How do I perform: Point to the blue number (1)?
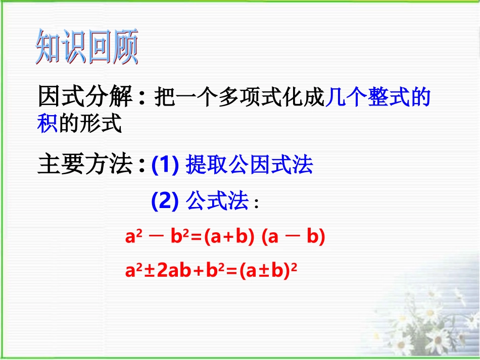pyautogui.click(x=166, y=165)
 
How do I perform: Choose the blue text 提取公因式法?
pyautogui.click(x=250, y=165)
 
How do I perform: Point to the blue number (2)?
pyautogui.click(x=166, y=202)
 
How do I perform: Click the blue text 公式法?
pyautogui.click(x=217, y=202)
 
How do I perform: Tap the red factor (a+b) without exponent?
pyautogui.click(x=229, y=237)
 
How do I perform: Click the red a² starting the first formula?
pyautogui.click(x=132, y=237)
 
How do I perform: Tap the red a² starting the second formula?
pyautogui.click(x=132, y=271)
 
